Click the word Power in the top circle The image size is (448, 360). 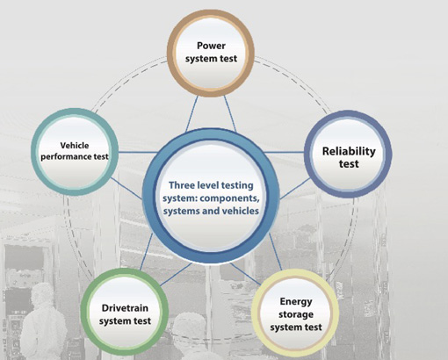tap(211, 46)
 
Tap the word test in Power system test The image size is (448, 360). tap(228, 59)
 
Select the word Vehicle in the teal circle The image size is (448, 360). tap(75, 146)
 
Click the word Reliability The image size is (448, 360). tap(349, 151)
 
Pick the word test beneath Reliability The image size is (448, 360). tap(349, 164)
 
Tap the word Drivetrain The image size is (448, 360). tap(125, 308)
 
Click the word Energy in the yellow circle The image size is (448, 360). tap(296, 302)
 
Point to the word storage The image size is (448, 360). tap(296, 314)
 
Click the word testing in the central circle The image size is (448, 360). tap(237, 185)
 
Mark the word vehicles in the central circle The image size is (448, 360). tap(239, 211)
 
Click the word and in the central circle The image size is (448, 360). tap(209, 211)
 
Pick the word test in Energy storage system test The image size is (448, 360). tap(314, 328)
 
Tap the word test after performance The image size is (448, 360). tap(101, 157)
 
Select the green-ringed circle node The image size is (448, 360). tap(125, 312)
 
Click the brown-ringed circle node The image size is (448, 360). tap(211, 53)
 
